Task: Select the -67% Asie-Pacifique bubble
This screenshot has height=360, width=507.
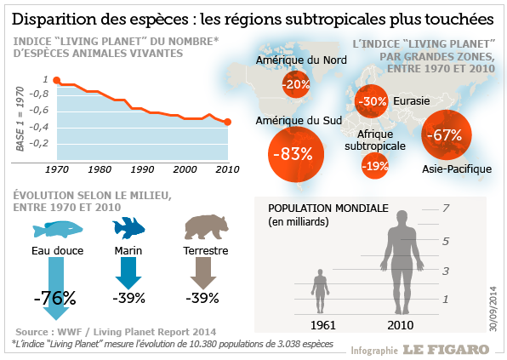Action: click(x=446, y=134)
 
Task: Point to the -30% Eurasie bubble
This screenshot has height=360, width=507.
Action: click(x=372, y=101)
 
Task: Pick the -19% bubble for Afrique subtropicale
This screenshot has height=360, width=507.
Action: click(x=375, y=166)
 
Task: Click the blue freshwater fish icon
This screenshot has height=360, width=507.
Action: click(x=58, y=230)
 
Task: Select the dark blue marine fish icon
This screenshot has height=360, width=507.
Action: click(x=128, y=228)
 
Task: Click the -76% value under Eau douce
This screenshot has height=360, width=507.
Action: click(x=55, y=298)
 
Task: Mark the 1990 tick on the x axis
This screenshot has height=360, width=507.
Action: click(x=142, y=169)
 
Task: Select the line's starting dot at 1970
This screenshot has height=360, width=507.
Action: click(x=57, y=80)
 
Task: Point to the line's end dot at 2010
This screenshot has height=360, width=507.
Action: click(x=227, y=122)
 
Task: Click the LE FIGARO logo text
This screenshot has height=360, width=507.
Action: click(x=447, y=349)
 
